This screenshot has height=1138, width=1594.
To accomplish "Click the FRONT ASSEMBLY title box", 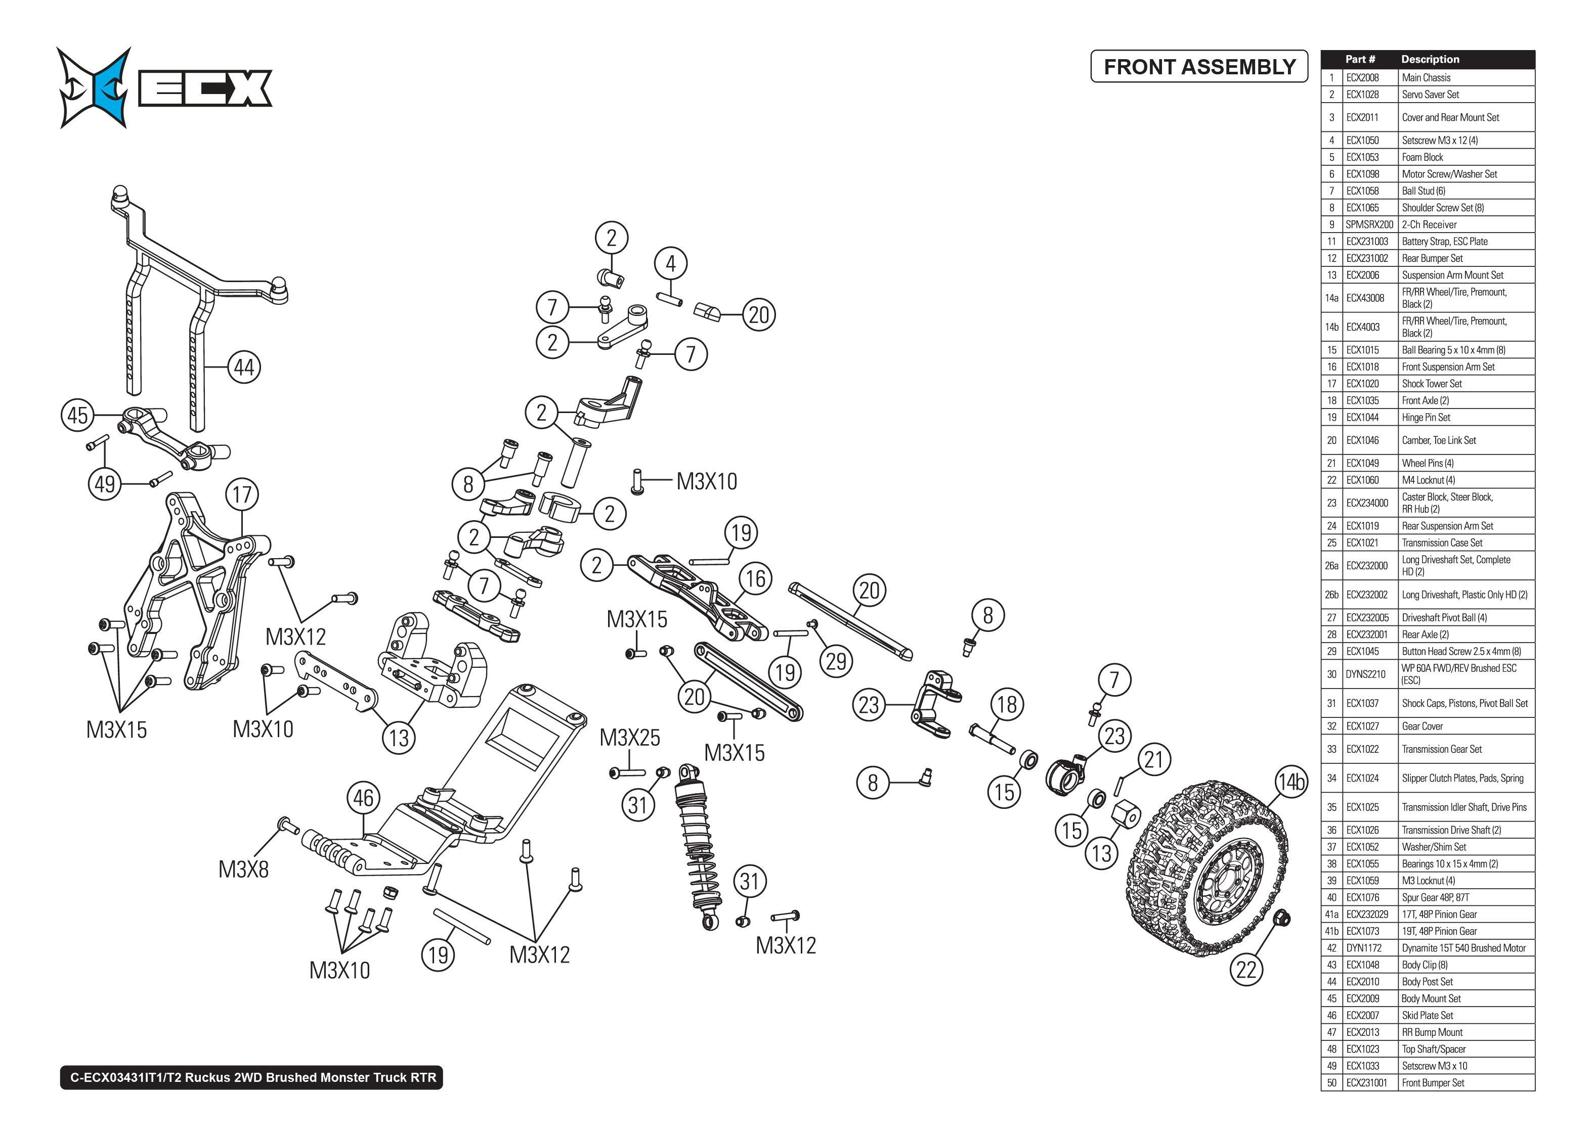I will [x=1198, y=67].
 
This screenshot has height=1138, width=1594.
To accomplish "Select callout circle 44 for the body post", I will [x=244, y=367].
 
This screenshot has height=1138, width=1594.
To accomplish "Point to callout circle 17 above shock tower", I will [x=242, y=495].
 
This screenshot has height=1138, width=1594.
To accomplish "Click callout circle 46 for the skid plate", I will [x=363, y=798].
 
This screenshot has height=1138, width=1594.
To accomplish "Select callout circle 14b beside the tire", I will [x=1290, y=781].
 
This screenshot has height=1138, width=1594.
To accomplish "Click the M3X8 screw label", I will [x=243, y=870].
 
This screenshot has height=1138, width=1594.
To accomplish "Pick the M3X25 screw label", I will [x=629, y=738].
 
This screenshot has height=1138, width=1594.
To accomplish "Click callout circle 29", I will [x=836, y=661].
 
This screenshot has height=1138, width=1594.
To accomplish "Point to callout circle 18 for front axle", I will [x=1007, y=704].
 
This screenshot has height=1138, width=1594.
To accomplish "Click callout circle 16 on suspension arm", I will [x=755, y=579].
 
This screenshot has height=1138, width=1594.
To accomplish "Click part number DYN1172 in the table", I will [x=1363, y=948].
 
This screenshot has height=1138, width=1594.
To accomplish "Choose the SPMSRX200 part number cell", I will [x=1369, y=225].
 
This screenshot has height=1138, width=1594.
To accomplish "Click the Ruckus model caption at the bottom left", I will [x=252, y=1078].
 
